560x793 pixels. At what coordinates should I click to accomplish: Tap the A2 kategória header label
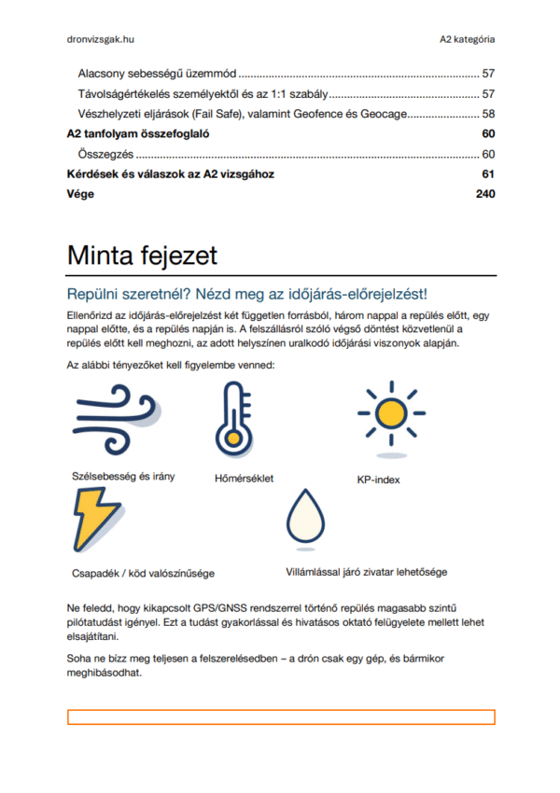[468, 39]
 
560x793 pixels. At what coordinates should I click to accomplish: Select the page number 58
[487, 114]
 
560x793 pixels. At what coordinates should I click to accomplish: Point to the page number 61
[487, 174]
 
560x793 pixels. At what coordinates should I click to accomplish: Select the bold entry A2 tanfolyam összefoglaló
[137, 134]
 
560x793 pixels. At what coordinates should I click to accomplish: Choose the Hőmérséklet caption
[244, 479]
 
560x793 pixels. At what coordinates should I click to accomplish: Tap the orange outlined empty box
[280, 716]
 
